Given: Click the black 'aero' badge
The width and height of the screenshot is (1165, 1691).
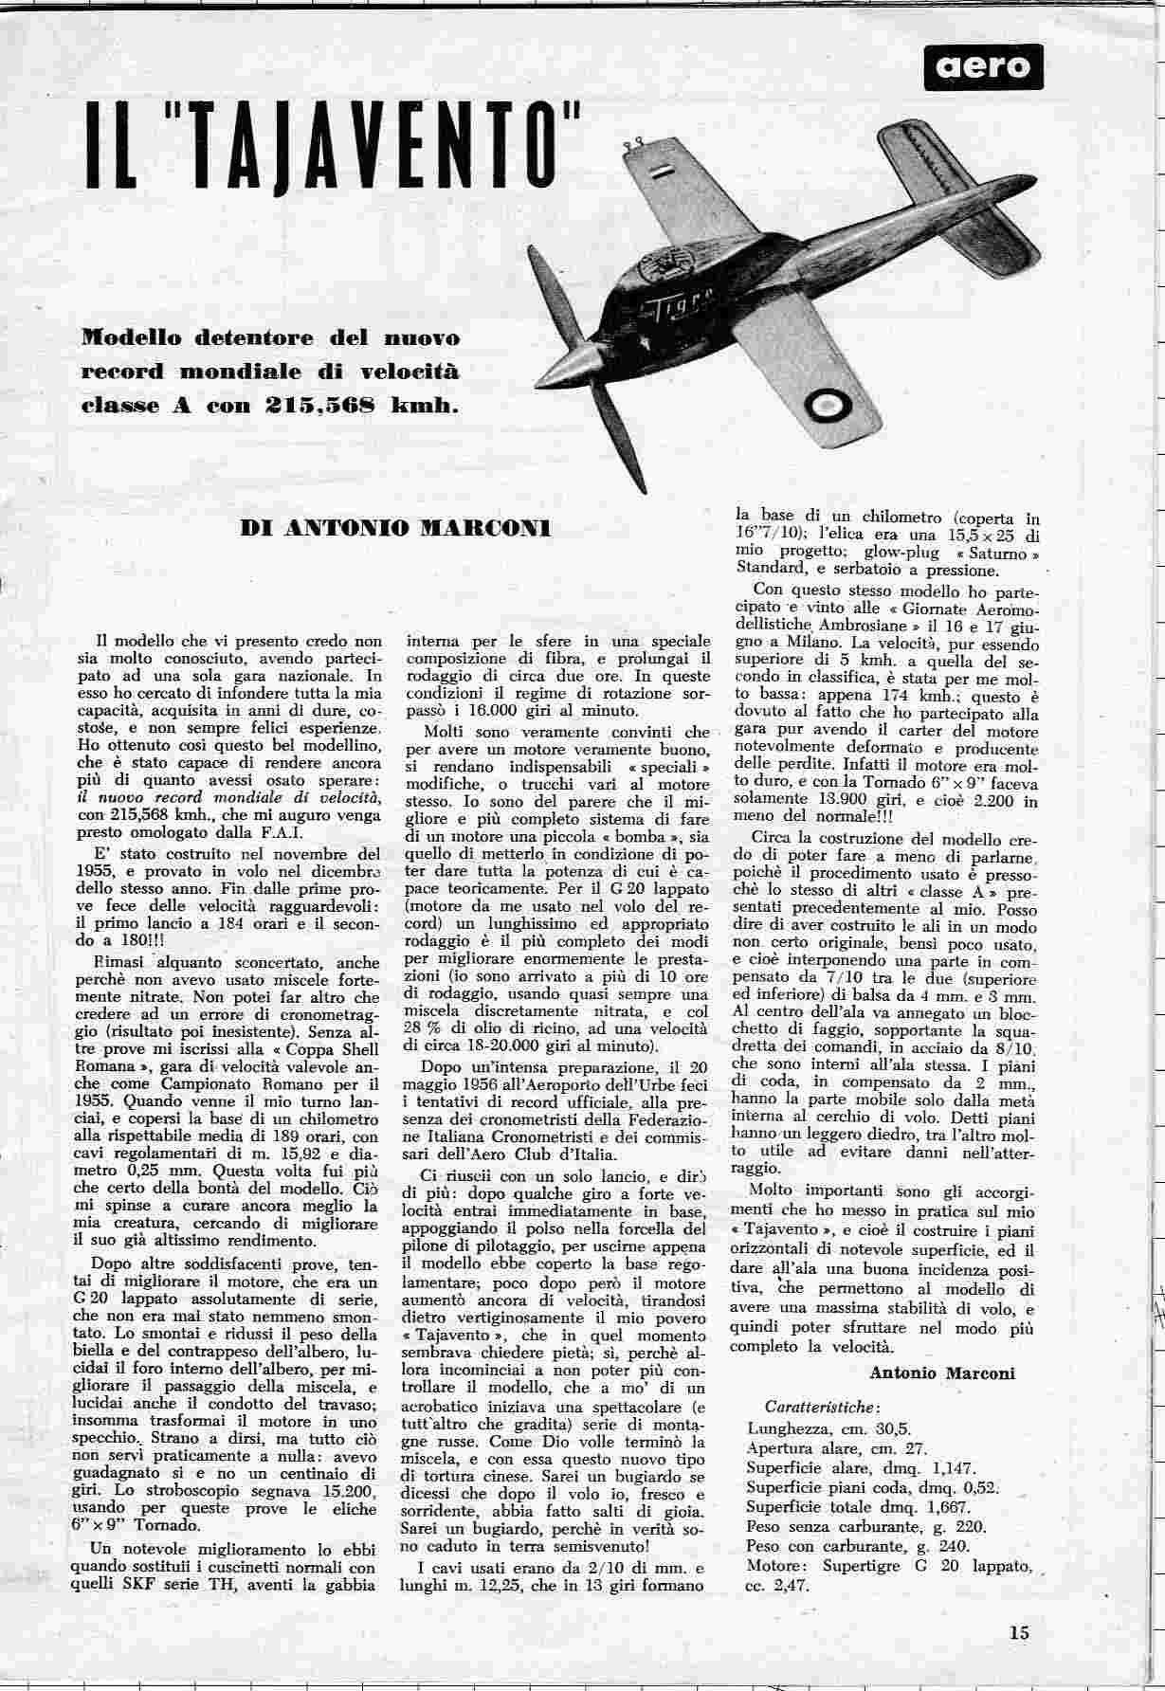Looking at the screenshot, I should click(x=983, y=67).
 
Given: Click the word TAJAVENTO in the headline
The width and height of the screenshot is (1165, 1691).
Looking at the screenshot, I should click(x=377, y=151).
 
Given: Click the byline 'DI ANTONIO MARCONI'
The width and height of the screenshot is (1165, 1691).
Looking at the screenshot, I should click(x=395, y=528).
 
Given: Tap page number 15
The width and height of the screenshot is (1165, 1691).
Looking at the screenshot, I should click(x=1019, y=1632).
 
